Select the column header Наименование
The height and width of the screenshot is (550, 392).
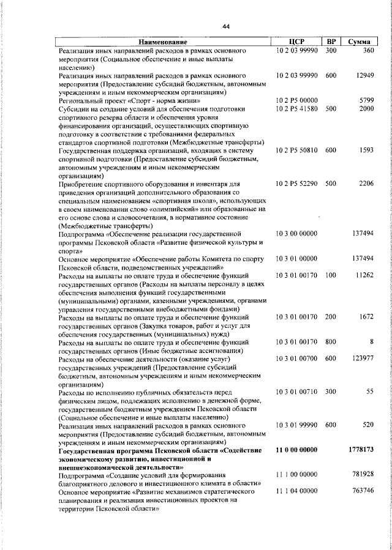coord(162,42)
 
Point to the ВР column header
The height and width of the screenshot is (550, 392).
coord(331,42)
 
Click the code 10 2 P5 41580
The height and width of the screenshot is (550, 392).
coord(296,108)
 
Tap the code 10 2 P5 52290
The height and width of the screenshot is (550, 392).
coord(296,183)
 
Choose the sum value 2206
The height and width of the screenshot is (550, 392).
coord(366,183)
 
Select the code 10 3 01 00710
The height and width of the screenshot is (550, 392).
coord(296,391)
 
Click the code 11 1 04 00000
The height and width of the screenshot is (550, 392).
coord(296,491)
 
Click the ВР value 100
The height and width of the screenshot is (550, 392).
coord(331,275)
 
